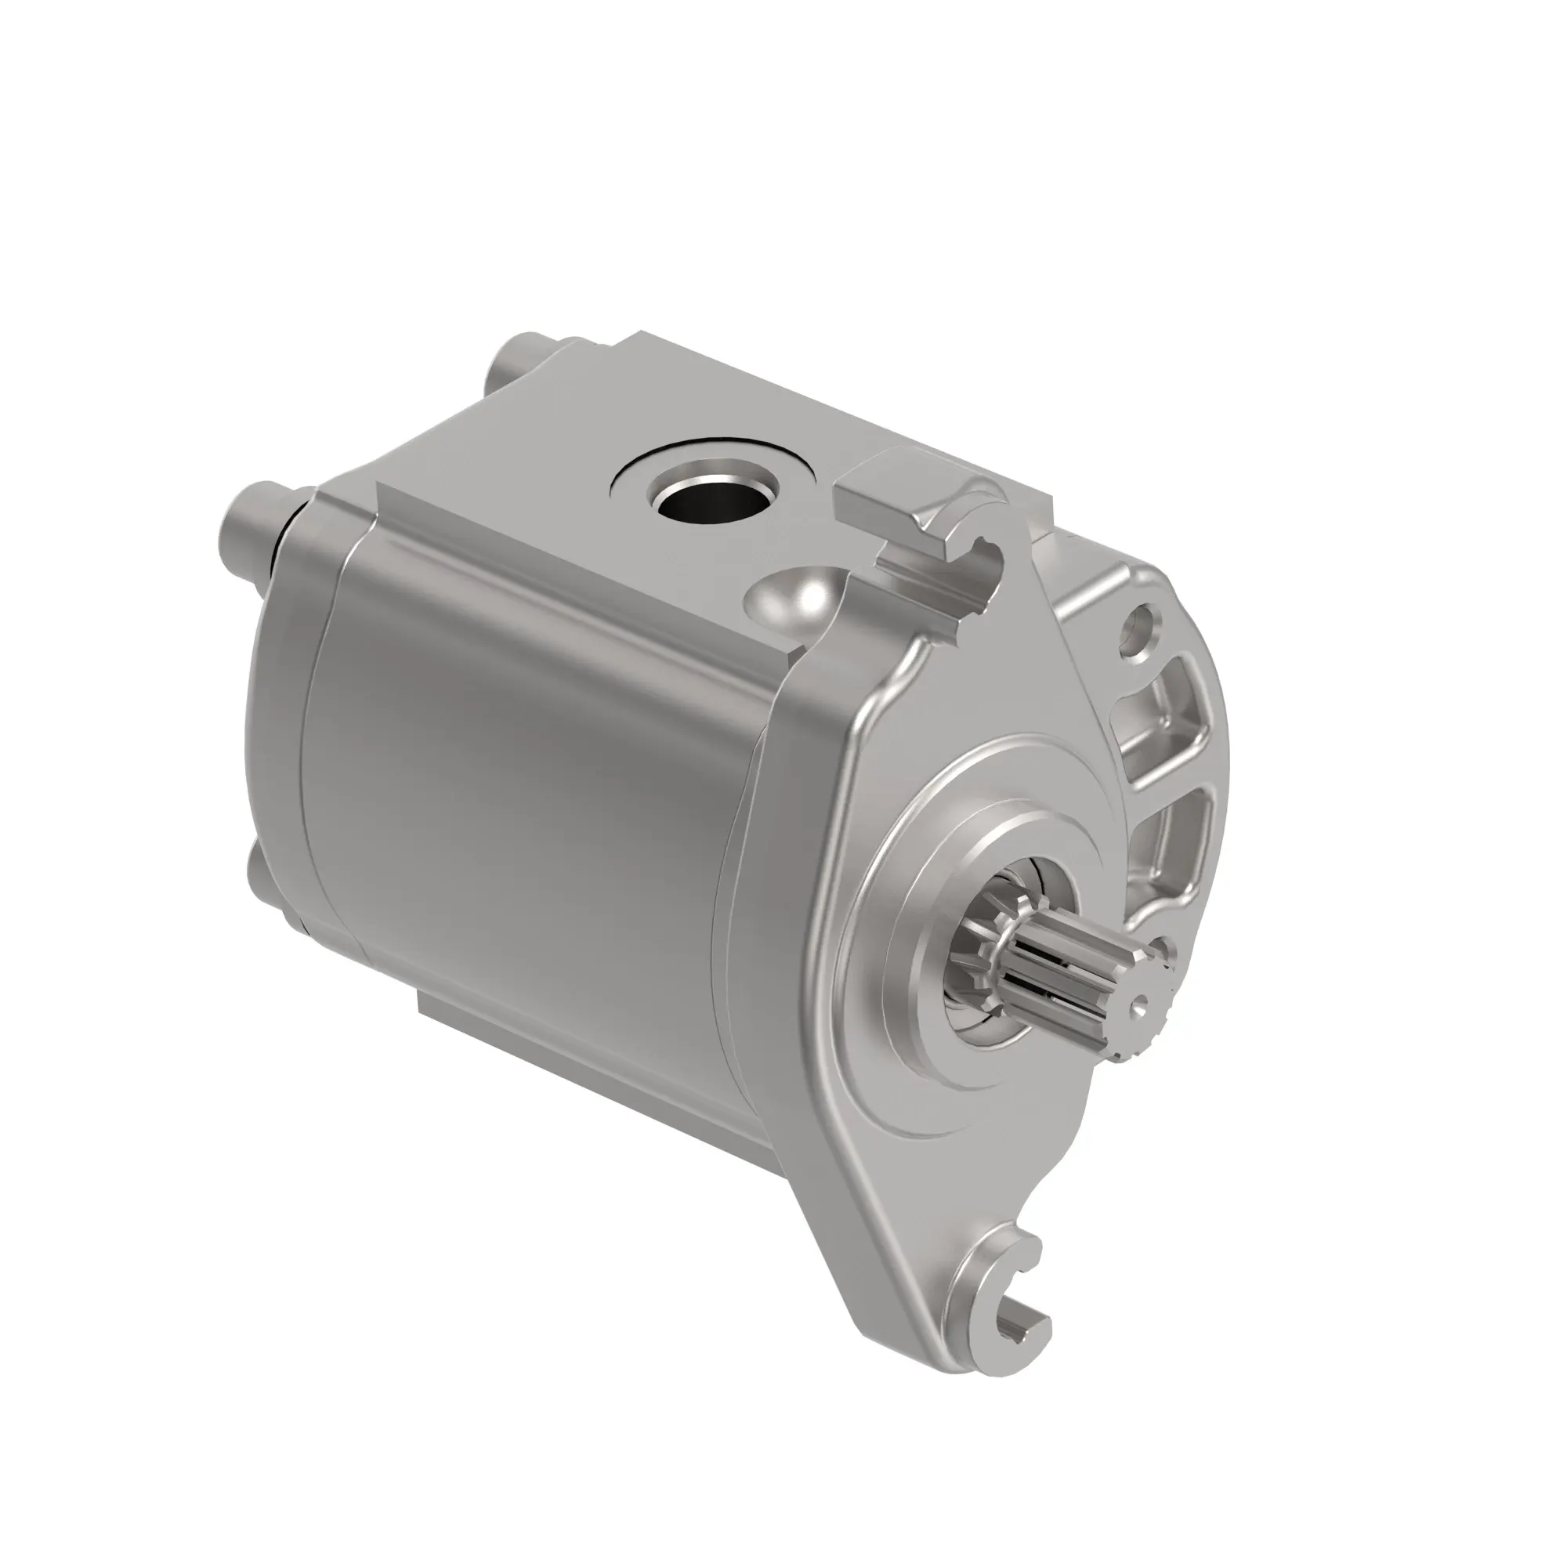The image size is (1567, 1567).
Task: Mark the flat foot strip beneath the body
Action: tap(568, 1062)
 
